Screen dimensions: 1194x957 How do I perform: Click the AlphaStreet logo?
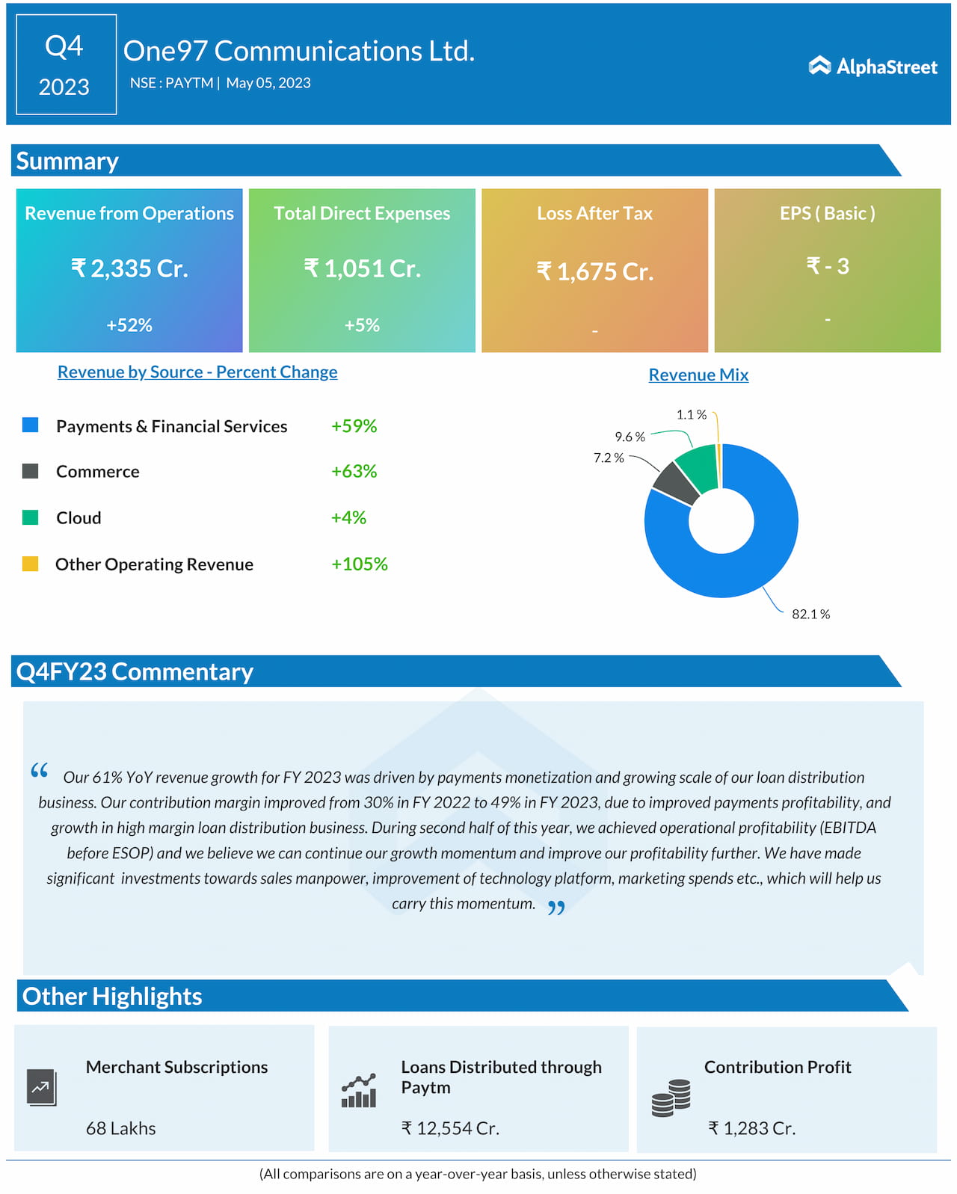pyautogui.click(x=873, y=67)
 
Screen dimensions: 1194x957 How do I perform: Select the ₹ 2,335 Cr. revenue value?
pyautogui.click(x=129, y=268)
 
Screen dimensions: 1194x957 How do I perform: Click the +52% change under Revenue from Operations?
pyautogui.click(x=129, y=325)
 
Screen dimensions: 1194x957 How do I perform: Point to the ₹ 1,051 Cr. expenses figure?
pyautogui.click(x=363, y=268)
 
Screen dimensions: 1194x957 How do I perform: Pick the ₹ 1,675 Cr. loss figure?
pyautogui.click(x=595, y=271)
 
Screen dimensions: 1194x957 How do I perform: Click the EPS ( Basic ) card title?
pyautogui.click(x=827, y=214)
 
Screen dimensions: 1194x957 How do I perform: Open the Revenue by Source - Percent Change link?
pyautogui.click(x=197, y=372)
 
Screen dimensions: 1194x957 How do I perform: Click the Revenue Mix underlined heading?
pyautogui.click(x=698, y=375)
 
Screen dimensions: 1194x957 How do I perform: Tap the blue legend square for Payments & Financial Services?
pyautogui.click(x=31, y=425)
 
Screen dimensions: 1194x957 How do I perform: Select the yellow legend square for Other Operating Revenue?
pyautogui.click(x=31, y=564)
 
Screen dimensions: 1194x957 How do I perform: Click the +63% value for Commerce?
pyautogui.click(x=354, y=472)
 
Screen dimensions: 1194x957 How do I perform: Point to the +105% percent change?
pyautogui.click(x=359, y=564)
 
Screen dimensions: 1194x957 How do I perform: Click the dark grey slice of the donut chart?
pyautogui.click(x=675, y=484)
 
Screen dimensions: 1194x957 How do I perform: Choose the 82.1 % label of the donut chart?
pyautogui.click(x=810, y=615)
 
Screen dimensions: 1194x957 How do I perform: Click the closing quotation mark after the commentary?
pyautogui.click(x=556, y=908)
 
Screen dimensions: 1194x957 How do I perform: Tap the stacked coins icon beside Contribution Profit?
pyautogui.click(x=671, y=1098)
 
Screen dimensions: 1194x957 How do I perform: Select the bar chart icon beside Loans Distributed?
pyautogui.click(x=359, y=1092)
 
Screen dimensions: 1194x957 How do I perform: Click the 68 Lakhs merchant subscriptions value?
pyautogui.click(x=121, y=1128)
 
